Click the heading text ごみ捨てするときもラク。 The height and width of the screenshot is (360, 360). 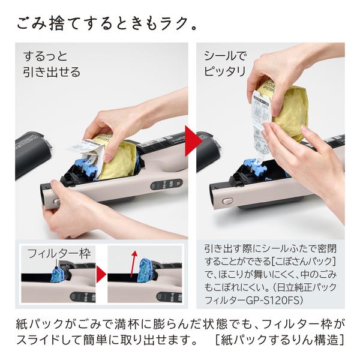click(105, 25)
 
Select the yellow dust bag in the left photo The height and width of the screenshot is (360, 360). click(120, 159)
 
